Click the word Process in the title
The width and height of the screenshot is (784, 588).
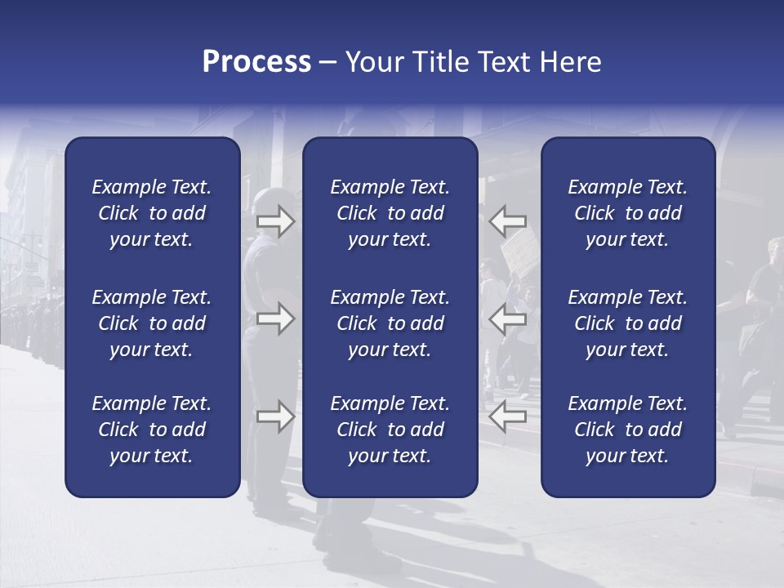256,62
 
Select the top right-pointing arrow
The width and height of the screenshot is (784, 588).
276,220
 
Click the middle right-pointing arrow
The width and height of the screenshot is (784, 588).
276,318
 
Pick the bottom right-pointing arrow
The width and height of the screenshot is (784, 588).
276,416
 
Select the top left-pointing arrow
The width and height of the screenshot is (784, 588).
508,220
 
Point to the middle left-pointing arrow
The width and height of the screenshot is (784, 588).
508,318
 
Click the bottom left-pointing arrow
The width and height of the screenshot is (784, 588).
508,416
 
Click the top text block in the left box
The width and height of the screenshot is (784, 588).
152,213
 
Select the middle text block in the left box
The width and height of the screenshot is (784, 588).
152,323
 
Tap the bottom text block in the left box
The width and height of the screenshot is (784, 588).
152,430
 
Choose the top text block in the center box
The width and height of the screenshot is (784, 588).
390,213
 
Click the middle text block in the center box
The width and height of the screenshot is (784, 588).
390,323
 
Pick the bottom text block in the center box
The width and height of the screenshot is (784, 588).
390,430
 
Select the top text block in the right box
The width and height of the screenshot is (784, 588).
627,213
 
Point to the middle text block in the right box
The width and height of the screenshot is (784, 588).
627,323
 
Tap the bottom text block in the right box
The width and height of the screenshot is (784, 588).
627,430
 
